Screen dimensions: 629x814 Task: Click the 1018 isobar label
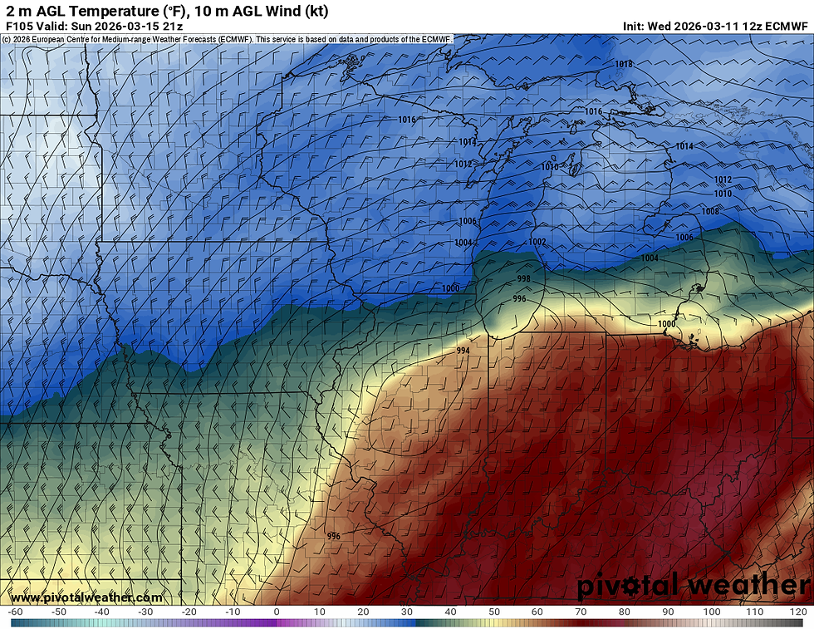(623, 64)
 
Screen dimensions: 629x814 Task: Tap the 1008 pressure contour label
(710, 211)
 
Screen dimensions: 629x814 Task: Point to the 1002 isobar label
(537, 242)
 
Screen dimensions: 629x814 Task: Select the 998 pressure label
(523, 278)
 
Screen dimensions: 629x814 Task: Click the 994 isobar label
(463, 351)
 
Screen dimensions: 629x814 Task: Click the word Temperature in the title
(112, 11)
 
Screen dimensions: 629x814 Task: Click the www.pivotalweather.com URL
(86, 597)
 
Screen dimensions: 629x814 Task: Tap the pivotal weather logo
(694, 586)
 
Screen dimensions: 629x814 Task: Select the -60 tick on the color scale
(13, 612)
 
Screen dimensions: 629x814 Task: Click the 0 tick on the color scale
(276, 612)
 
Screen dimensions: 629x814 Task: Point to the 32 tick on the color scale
(415, 612)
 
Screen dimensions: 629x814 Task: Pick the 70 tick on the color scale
(581, 612)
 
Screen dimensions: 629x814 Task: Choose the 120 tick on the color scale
(799, 612)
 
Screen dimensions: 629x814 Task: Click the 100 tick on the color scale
(712, 612)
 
